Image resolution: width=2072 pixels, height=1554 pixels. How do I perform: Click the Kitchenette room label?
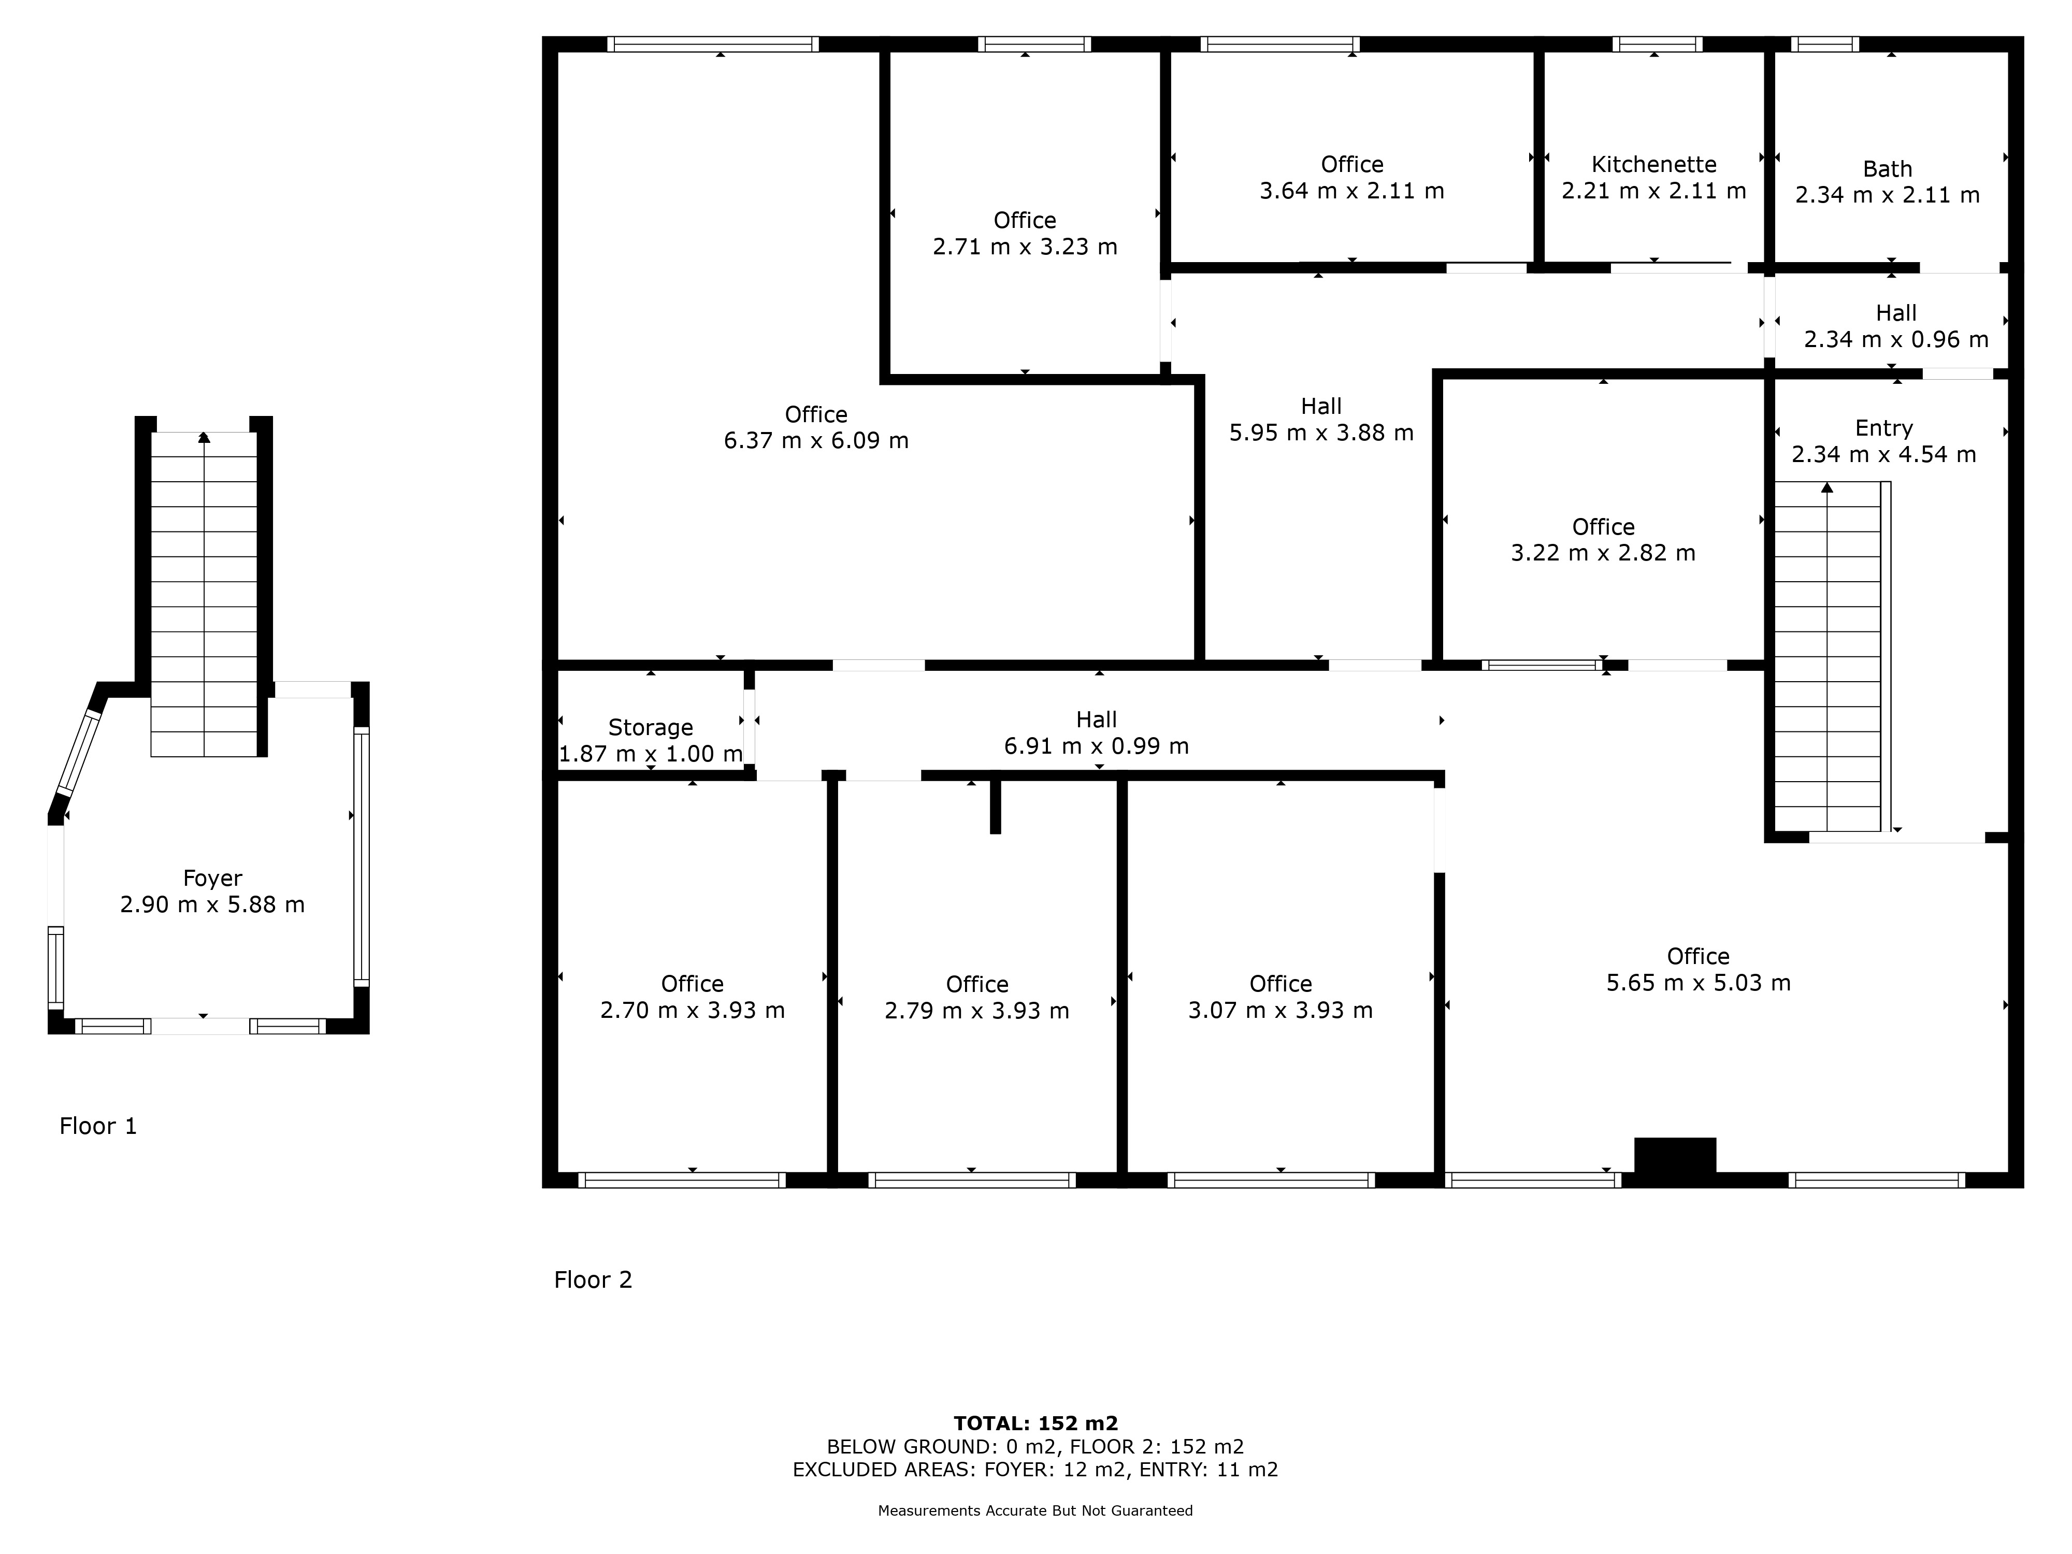(1653, 165)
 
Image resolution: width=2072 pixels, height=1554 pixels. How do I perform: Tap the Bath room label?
(1887, 169)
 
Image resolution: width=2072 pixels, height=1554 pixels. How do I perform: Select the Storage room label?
(650, 728)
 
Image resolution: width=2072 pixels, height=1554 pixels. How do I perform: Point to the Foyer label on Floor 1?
(212, 879)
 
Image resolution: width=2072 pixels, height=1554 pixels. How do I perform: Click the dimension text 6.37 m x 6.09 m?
(816, 441)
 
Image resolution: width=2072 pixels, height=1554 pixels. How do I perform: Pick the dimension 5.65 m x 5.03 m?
(1698, 983)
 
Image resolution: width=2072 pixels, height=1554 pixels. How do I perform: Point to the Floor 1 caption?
(98, 1126)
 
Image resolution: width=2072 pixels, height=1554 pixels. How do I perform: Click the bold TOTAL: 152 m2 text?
(1035, 1424)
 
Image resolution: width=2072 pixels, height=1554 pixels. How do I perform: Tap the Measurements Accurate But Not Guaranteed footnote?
(1035, 1511)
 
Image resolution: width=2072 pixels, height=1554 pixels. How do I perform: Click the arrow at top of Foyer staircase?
(204, 437)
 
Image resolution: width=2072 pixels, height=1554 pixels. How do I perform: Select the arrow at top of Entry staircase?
(1826, 487)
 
